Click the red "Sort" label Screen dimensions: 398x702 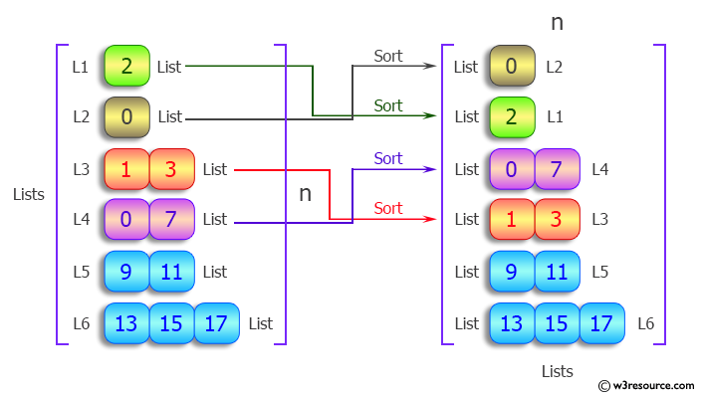388,208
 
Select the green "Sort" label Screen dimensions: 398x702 388,105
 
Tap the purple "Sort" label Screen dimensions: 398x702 388,158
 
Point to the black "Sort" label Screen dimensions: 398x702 388,56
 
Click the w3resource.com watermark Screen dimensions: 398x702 646,384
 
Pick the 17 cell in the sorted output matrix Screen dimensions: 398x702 600,323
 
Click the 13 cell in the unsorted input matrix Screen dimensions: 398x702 126,323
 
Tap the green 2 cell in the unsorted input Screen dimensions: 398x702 126,67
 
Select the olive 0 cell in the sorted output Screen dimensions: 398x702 511,67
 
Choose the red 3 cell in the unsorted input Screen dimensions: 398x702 171,169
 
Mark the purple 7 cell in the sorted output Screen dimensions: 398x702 556,169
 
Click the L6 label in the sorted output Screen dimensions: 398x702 646,323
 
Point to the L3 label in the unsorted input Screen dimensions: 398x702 82,169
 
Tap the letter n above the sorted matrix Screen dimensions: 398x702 557,21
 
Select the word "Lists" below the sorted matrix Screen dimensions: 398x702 557,371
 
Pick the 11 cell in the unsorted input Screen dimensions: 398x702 171,272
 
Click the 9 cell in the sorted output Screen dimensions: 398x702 511,272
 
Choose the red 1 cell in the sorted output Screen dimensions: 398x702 511,220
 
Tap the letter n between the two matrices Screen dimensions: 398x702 306,193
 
